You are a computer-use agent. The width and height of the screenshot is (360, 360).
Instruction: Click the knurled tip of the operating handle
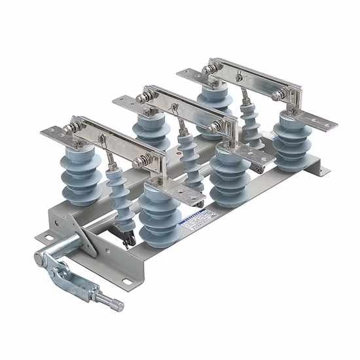tap(117, 305)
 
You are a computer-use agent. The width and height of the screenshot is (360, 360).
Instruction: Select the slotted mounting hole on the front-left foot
tap(44, 235)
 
